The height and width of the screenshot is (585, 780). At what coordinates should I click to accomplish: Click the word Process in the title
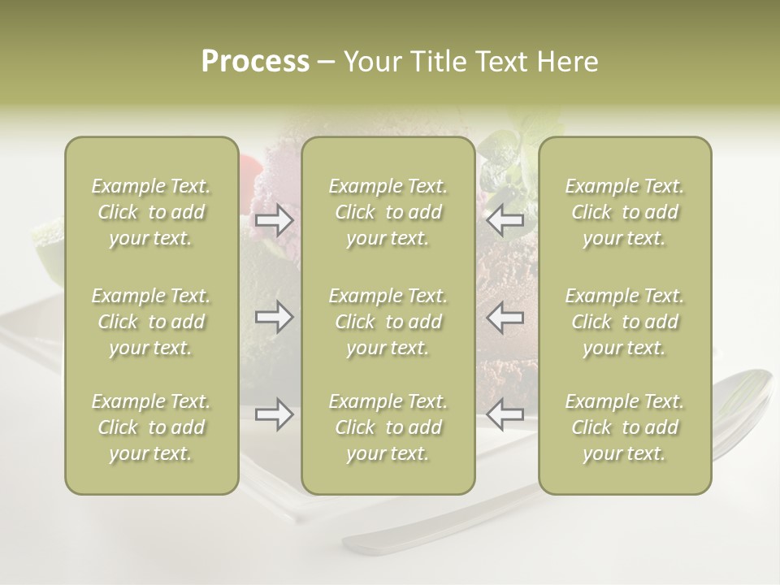(255, 62)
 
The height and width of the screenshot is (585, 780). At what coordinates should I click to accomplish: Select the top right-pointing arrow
(275, 220)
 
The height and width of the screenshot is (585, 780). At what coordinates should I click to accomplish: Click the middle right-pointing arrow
(275, 317)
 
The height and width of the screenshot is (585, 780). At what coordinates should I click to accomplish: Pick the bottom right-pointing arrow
(275, 415)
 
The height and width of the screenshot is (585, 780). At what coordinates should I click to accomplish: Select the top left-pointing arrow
(505, 220)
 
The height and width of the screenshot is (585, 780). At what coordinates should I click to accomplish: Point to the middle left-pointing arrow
(505, 317)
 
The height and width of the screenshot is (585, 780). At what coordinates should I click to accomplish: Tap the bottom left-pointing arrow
(505, 415)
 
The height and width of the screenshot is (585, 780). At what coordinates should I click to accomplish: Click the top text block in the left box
(151, 212)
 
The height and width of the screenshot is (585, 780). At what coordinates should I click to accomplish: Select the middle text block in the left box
(151, 322)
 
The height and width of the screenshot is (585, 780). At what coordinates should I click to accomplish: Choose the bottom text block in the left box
(151, 427)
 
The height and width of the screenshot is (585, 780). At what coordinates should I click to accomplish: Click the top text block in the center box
(388, 212)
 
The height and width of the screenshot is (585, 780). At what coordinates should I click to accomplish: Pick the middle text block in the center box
(388, 322)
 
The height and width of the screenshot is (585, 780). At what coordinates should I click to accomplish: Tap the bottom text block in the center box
(388, 427)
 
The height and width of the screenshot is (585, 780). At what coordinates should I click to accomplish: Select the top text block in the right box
(625, 212)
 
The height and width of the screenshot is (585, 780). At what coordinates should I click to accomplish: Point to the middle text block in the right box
(625, 322)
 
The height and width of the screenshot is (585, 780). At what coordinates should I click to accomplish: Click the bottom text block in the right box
(625, 427)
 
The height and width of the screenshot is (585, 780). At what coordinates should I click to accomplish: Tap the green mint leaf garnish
(504, 150)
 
